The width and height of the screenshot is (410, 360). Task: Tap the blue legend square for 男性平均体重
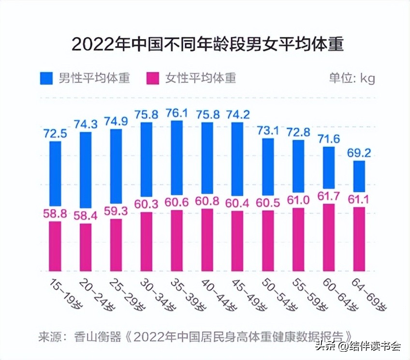click(46, 78)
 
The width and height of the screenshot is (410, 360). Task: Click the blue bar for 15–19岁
click(55, 173)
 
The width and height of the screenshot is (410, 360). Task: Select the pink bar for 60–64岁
click(329, 237)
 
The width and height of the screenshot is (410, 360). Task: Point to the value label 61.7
click(329, 196)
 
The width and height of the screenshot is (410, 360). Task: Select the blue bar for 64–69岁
click(359, 176)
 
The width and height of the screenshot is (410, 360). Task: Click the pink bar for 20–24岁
click(86, 247)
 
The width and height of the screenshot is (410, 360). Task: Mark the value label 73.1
click(268, 130)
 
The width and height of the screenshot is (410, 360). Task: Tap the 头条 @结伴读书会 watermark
click(358, 346)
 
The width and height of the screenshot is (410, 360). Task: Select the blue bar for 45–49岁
click(237, 159)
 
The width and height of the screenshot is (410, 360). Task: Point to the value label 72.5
click(55, 134)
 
